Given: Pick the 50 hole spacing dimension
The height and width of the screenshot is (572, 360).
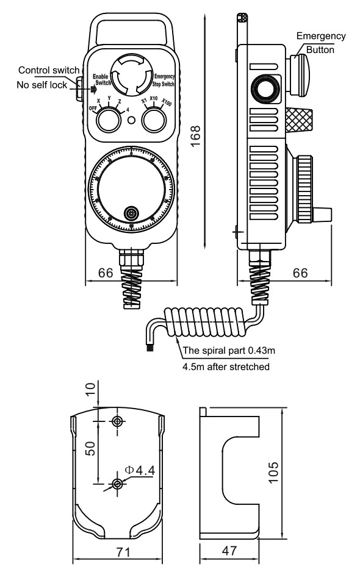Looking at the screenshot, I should pyautogui.click(x=90, y=451).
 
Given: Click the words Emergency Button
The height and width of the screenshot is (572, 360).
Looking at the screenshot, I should pyautogui.click(x=321, y=43).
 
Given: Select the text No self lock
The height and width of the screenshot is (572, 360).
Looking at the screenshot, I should pyautogui.click(x=41, y=85).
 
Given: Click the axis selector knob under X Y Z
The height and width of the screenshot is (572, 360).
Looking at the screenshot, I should pyautogui.click(x=109, y=120).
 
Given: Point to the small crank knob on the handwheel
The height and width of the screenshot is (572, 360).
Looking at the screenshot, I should pyautogui.click(x=130, y=213).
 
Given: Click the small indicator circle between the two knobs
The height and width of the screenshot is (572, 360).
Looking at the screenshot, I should pyautogui.click(x=131, y=120).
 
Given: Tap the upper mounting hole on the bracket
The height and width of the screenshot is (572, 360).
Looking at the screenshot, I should pyautogui.click(x=117, y=421).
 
